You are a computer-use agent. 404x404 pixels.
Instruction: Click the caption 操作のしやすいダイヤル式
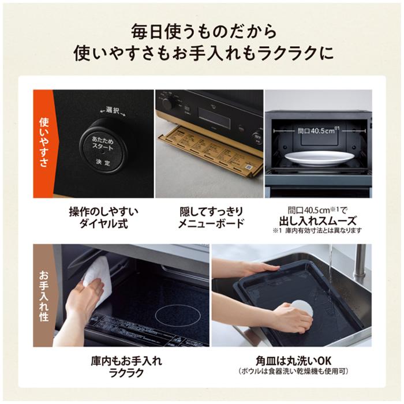(x=103, y=218)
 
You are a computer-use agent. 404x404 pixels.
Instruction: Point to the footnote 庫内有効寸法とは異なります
(x=321, y=231)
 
